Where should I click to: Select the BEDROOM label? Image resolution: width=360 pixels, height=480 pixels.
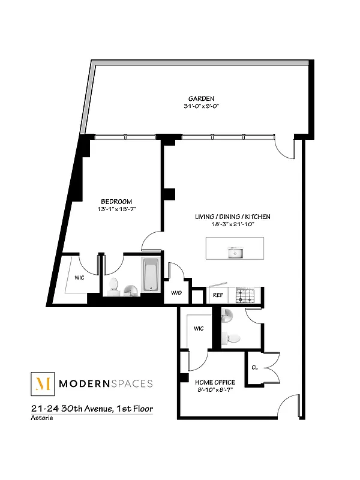(x=116, y=202)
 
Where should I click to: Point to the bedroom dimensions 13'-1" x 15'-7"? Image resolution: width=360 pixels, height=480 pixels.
(x=116, y=209)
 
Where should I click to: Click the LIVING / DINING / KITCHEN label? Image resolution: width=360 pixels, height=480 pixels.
(x=232, y=217)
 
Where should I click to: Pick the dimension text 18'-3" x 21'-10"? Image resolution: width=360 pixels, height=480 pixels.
(x=232, y=224)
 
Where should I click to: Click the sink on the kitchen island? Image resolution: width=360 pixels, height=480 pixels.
(x=235, y=253)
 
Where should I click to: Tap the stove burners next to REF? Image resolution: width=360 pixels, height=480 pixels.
(x=245, y=295)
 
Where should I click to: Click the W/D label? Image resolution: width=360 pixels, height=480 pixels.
(x=176, y=293)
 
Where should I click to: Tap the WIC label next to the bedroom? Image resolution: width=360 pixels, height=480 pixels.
(x=80, y=278)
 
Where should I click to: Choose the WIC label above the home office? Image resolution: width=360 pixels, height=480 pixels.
(x=199, y=328)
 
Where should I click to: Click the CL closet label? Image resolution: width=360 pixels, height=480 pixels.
(x=254, y=368)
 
